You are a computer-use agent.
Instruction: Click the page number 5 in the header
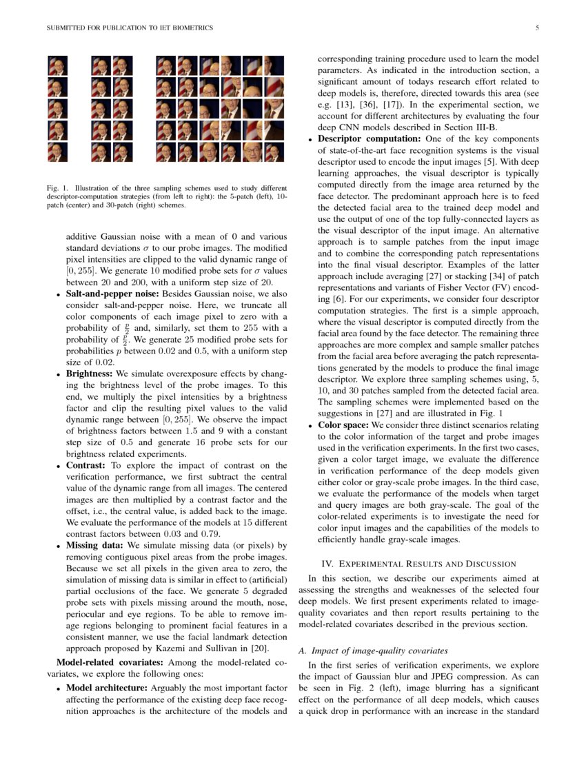pyautogui.click(x=536, y=28)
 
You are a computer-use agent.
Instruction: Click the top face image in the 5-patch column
pyautogui.click(x=57, y=66)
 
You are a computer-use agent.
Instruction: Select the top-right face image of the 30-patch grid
pyautogui.click(x=274, y=66)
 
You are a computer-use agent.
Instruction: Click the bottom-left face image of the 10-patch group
pyautogui.click(x=101, y=152)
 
